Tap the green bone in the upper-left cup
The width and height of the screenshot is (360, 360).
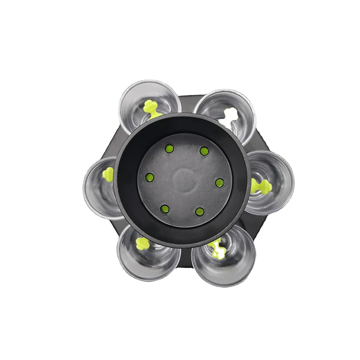tap(151, 108)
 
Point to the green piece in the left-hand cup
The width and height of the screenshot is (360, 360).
tap(108, 175)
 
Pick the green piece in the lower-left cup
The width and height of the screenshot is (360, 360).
tap(142, 244)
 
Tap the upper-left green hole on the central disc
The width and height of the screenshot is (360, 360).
tap(169, 148)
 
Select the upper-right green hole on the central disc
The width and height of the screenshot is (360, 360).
tap(204, 151)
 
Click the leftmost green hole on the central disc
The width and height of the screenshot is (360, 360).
tap(150, 177)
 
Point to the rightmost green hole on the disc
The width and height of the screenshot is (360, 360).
tap(220, 183)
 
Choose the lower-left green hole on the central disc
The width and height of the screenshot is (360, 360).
tap(165, 209)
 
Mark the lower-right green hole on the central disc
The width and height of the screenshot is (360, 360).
tap(200, 211)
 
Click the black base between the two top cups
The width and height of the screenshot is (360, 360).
tap(187, 103)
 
